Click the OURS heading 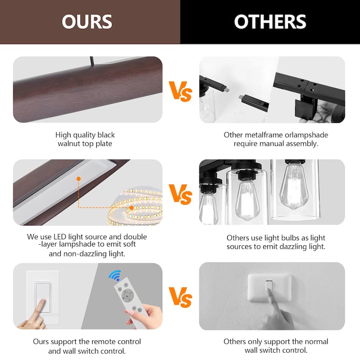tap(87, 22)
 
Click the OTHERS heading tap(270, 22)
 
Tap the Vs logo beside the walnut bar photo tap(180, 91)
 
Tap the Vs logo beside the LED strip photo tap(180, 194)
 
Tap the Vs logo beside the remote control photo tap(180, 297)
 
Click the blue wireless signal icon tap(115, 275)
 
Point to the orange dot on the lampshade tap(78, 179)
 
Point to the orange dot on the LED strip tap(131, 208)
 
